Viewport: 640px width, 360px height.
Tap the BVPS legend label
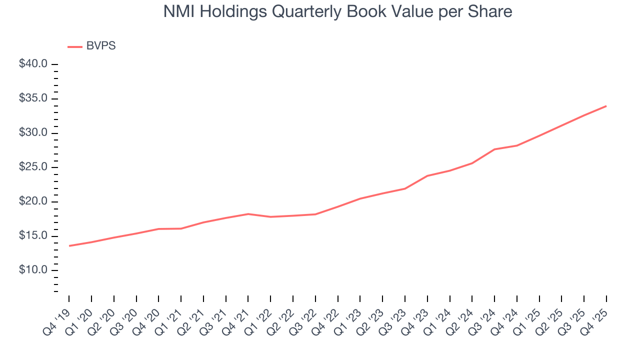point(101,46)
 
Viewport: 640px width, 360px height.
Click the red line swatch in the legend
point(75,46)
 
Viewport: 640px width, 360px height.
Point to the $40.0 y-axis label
point(33,64)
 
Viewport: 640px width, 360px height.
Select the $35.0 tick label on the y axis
point(33,98)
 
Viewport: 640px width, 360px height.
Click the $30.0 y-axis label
point(33,133)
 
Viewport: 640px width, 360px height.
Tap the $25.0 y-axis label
point(33,167)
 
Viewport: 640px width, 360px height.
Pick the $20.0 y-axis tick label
point(33,201)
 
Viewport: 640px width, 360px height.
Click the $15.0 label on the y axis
point(33,236)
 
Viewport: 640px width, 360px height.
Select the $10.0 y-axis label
point(33,270)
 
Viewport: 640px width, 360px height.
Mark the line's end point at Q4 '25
point(606,106)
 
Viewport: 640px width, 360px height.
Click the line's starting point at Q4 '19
point(69,245)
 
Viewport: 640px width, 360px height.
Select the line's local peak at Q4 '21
point(248,214)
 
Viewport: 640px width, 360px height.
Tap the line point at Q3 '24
point(494,149)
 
